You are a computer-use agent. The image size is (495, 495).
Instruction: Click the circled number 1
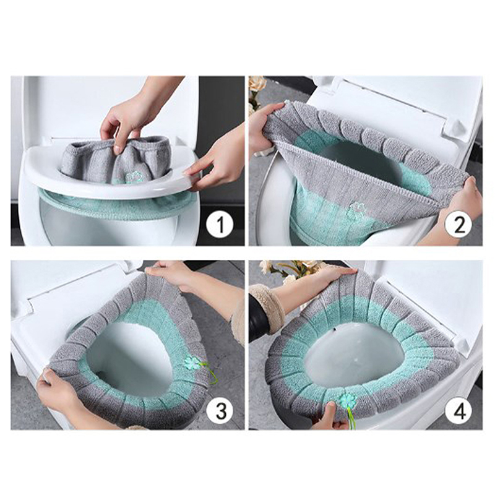click(x=220, y=225)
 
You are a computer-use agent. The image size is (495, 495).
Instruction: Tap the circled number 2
click(x=458, y=225)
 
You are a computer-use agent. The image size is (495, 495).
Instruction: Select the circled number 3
click(x=220, y=410)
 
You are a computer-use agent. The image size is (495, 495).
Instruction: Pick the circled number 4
click(x=458, y=410)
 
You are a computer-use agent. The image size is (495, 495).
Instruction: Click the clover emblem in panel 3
click(x=192, y=363)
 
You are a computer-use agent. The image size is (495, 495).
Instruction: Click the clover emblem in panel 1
click(x=134, y=177)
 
